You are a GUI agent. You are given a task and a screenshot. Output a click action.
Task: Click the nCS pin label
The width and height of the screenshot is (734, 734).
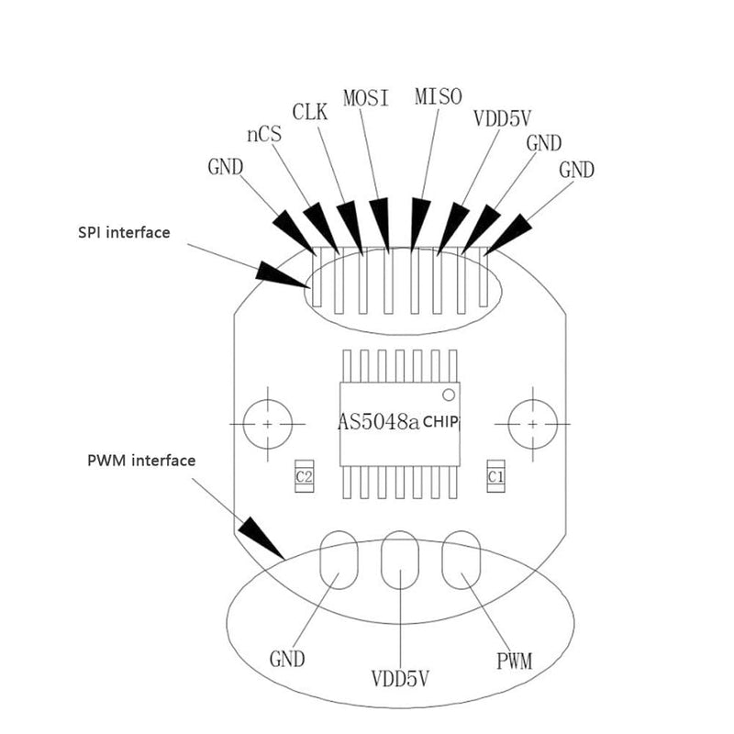pos(263,135)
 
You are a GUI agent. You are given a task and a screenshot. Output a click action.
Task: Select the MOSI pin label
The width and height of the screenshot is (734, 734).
pos(365,97)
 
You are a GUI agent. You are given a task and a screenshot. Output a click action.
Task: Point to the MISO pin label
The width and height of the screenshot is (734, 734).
pos(438,96)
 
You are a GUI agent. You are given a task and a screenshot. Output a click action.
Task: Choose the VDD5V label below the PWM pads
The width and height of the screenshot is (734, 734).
pos(401,680)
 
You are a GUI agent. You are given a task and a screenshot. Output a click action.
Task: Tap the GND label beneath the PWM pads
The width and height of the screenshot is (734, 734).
pos(286,659)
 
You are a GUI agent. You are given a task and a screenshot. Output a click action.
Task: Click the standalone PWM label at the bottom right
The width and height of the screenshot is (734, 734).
pos(515,659)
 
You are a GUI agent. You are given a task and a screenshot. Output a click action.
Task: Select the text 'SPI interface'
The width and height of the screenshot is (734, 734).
pos(124,233)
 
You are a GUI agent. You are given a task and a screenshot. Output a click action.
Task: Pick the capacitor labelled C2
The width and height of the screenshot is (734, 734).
pos(304,477)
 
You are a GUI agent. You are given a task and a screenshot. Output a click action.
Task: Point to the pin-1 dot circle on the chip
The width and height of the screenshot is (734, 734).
pos(449,395)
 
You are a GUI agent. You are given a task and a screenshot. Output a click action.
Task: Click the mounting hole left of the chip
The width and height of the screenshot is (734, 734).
pos(267,425)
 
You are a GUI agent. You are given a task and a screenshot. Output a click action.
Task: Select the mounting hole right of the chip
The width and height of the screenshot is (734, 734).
pos(533,425)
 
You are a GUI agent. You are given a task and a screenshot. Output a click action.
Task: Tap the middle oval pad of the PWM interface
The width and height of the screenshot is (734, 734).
pos(399,561)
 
